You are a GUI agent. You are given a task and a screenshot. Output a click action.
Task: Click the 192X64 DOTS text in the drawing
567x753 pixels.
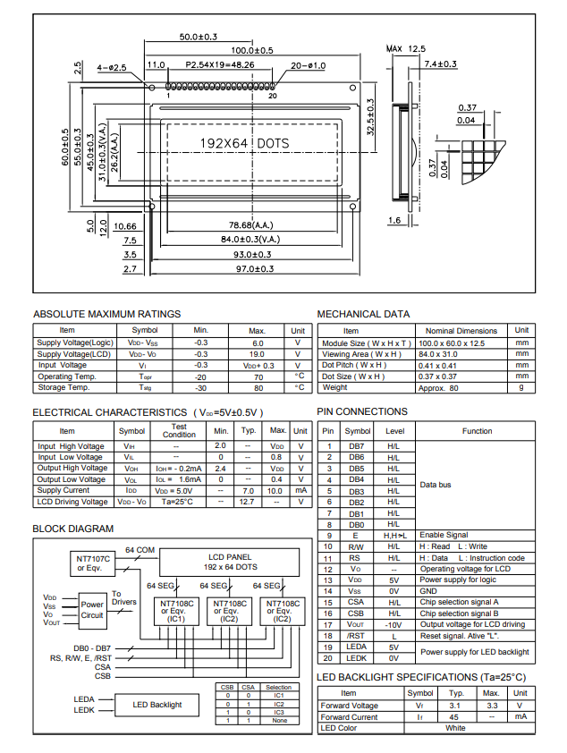point(244,143)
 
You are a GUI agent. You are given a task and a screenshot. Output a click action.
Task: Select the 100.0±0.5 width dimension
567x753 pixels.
point(252,50)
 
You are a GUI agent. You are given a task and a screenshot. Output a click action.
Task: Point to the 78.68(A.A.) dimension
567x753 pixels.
point(250,224)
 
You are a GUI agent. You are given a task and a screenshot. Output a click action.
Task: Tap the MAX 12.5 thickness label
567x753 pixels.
point(406,48)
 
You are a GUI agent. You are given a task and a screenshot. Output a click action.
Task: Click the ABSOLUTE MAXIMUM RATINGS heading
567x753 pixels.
point(106,314)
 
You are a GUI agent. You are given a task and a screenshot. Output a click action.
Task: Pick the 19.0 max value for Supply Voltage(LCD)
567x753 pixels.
point(257,354)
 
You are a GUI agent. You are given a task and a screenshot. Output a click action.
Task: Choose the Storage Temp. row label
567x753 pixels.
point(63,387)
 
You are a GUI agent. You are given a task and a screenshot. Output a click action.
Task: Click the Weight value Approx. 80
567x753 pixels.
point(438,388)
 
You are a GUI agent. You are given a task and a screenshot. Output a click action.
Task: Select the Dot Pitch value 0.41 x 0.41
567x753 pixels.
point(437,366)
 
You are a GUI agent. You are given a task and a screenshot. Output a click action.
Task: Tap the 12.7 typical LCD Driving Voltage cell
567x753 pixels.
point(247,502)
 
